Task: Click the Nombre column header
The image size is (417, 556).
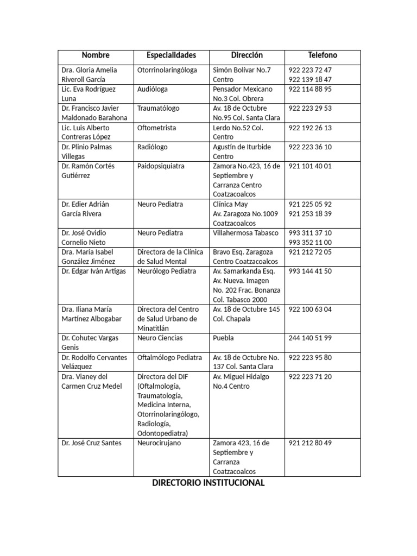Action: click(x=96, y=55)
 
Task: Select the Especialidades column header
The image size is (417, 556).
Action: click(x=171, y=55)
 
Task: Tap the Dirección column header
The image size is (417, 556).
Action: click(x=247, y=55)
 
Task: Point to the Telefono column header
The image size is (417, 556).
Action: click(x=323, y=55)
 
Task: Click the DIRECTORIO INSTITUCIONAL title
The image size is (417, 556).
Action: click(x=208, y=483)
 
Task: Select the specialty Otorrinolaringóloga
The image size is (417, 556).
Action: click(x=167, y=70)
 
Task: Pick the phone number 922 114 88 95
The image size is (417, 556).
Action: click(x=311, y=89)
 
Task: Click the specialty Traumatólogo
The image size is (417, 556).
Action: click(x=159, y=109)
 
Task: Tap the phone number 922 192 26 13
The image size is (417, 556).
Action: click(x=311, y=128)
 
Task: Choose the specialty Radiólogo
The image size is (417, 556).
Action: click(x=153, y=147)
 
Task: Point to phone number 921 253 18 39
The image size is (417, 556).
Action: click(x=311, y=214)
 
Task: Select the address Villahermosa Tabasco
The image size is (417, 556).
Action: click(x=245, y=233)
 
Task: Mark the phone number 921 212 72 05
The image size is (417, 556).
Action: click(x=311, y=252)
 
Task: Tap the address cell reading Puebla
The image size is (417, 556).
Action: click(x=224, y=338)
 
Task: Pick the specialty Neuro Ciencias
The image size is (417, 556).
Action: click(x=160, y=338)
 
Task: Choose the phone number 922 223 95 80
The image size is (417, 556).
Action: click(x=311, y=357)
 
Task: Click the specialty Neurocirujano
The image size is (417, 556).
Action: click(x=159, y=443)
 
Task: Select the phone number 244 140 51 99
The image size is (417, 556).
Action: click(x=311, y=338)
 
